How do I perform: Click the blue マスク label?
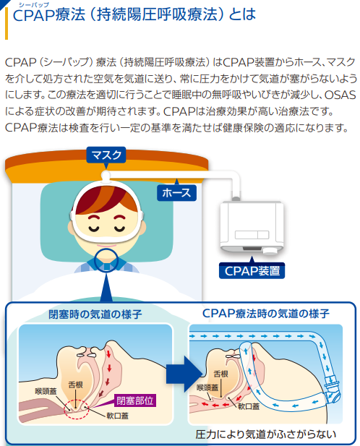pos(106,155)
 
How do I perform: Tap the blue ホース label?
pos(176,193)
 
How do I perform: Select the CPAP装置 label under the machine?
pos(252,271)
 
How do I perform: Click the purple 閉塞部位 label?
pos(134,400)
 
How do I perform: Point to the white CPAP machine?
pos(252,227)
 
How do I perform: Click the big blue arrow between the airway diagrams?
pos(184,374)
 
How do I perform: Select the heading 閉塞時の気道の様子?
pos(95,314)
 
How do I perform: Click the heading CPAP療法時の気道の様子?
pos(266,314)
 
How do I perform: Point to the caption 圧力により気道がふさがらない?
pos(265,434)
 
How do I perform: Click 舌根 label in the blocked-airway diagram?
pos(76,385)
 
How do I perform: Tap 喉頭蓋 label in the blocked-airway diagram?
pos(46,391)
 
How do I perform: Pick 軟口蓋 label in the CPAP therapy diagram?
pos(249,406)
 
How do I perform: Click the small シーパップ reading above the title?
pos(34,4)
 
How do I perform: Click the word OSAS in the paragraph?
pos(340,95)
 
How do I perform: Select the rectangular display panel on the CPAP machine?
pos(252,235)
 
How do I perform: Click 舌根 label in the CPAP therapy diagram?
pos(221,374)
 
